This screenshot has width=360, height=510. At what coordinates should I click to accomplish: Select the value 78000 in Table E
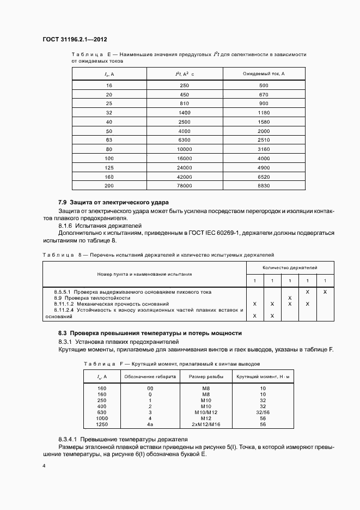click(x=185, y=186)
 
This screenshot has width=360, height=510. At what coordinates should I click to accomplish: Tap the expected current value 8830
click(x=264, y=186)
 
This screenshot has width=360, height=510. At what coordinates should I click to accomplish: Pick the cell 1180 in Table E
click(x=264, y=112)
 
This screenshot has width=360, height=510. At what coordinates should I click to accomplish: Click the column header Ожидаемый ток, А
click(x=264, y=74)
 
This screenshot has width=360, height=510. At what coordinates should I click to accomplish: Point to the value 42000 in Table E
click(x=185, y=177)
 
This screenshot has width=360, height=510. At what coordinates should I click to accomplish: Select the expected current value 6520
click(x=264, y=177)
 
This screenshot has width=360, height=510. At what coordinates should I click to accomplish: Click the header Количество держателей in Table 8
click(x=290, y=268)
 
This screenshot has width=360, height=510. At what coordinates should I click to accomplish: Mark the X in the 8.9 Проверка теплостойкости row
click(x=290, y=298)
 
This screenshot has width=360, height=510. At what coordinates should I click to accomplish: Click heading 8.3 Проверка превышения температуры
click(x=150, y=333)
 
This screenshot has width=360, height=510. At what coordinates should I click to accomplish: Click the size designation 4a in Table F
click(x=150, y=424)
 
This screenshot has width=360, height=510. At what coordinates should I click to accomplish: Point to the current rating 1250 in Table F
click(x=101, y=424)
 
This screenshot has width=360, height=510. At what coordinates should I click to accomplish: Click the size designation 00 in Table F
click(x=150, y=388)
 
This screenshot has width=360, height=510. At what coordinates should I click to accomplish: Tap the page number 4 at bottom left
click(x=44, y=466)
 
